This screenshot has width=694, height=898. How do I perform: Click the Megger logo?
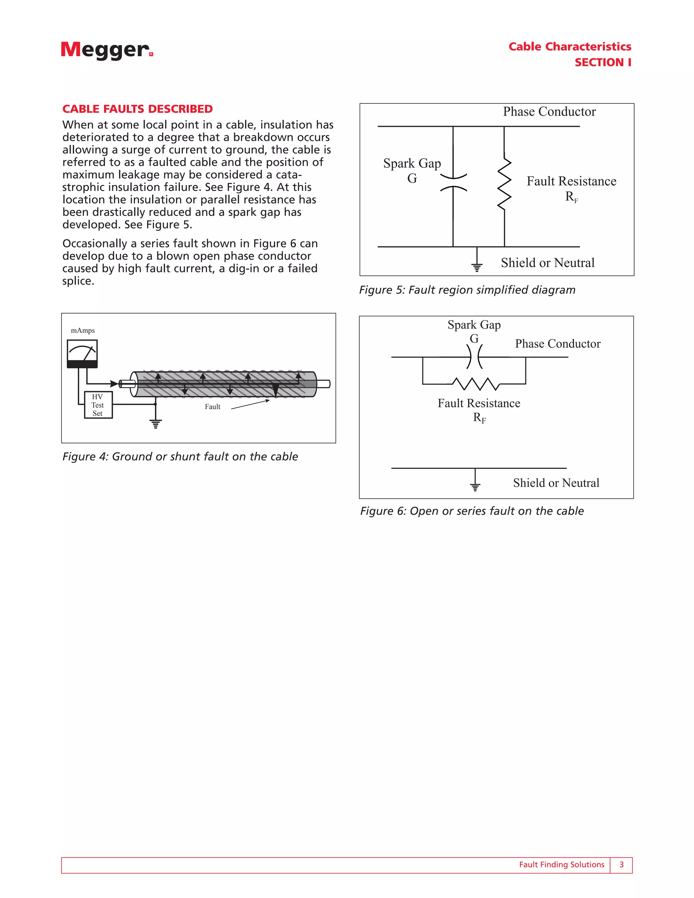point(107,50)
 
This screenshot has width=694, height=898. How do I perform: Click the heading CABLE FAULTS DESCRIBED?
point(137,109)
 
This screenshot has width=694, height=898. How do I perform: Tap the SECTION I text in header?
point(603,62)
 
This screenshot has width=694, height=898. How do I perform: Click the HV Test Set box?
point(98,405)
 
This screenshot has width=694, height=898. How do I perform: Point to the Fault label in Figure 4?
point(212,407)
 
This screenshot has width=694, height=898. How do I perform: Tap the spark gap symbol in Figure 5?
point(453,183)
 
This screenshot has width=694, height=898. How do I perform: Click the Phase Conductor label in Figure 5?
point(549,112)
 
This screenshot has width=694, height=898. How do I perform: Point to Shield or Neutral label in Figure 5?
point(547,263)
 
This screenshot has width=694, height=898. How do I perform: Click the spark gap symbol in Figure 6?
point(474,356)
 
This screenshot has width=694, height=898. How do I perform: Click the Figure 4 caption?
point(180,456)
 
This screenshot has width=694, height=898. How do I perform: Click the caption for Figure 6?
point(472,511)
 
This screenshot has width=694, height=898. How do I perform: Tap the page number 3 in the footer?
point(621,865)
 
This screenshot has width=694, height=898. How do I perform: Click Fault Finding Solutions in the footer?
point(561,865)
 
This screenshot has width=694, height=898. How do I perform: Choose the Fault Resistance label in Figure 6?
point(478,403)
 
